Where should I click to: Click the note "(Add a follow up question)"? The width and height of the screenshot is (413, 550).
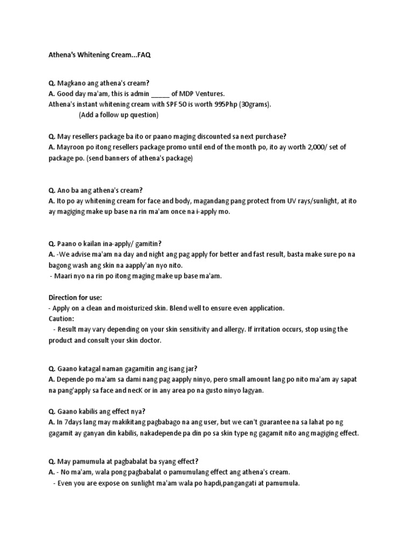[118, 115]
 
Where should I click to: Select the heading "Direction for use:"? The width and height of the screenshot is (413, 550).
[75, 297]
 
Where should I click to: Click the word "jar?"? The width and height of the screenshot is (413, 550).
[190, 368]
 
